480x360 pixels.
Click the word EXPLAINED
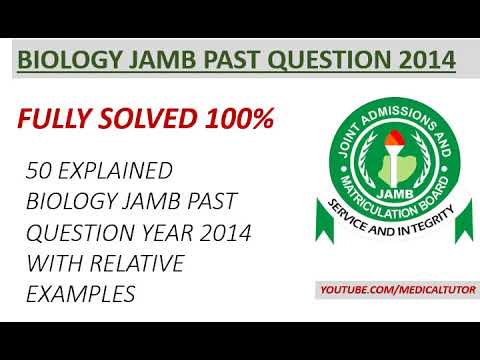pyautogui.click(x=116, y=169)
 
